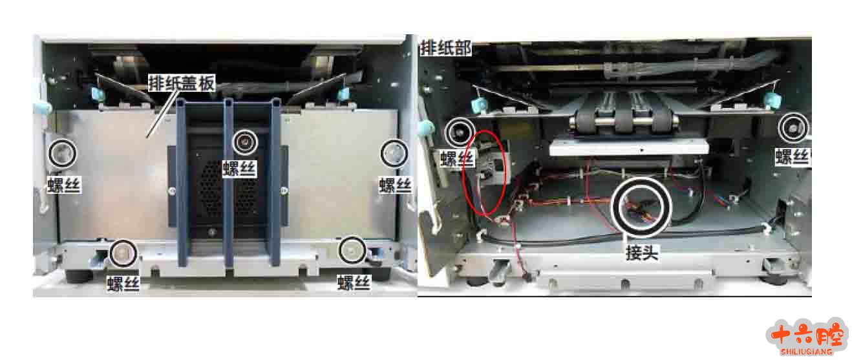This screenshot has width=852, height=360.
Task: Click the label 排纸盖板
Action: (182, 83)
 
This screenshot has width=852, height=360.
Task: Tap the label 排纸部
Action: (445, 48)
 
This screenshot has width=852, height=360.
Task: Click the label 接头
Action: (642, 253)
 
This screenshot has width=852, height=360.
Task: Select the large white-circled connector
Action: (641, 207)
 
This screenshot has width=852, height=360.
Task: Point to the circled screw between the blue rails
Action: (245, 142)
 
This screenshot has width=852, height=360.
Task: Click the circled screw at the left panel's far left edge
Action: (63, 153)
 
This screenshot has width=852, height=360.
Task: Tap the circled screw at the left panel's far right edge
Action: (394, 153)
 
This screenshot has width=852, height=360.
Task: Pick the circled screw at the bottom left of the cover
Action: (123, 253)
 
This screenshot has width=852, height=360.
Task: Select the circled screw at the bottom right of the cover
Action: (352, 249)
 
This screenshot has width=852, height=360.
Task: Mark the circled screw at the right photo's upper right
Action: (793, 128)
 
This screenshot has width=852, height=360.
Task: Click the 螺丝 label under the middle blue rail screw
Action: (240, 169)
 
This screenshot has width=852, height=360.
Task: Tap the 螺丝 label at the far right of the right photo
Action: (793, 156)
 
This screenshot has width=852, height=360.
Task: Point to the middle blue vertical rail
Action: (228, 182)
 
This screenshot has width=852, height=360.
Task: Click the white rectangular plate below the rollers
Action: (629, 147)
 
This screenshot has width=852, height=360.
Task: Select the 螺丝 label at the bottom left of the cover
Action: (123, 284)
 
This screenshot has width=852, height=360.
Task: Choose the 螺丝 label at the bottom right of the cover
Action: (354, 283)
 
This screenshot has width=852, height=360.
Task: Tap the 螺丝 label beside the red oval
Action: (458, 158)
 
